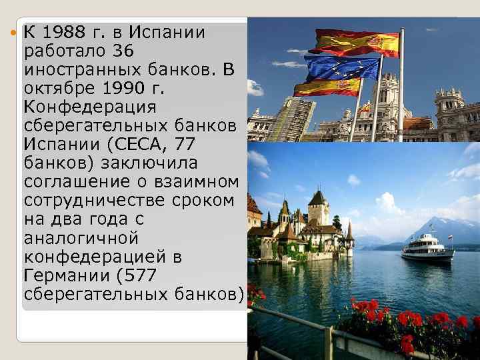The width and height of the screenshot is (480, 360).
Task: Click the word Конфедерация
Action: click(x=89, y=107)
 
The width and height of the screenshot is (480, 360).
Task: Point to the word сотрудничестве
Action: click(x=101, y=200)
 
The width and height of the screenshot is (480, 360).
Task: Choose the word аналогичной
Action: click(x=80, y=237)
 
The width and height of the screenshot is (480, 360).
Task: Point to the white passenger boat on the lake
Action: click(x=427, y=249)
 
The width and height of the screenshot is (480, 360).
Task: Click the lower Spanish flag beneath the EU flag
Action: click(x=327, y=87)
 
